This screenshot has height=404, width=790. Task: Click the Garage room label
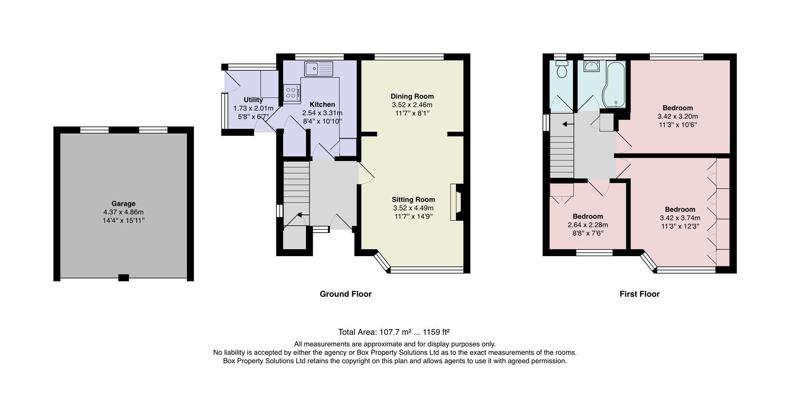123,203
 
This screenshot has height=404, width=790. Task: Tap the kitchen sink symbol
319,68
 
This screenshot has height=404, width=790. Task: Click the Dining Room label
412,96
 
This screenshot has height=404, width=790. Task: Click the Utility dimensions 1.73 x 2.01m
253,108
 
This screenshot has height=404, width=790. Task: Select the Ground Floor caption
346,294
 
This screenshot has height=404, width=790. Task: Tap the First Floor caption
639,294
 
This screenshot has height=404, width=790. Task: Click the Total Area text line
394,332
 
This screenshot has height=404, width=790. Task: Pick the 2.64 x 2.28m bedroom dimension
588,225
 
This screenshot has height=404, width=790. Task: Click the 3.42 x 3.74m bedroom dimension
680,218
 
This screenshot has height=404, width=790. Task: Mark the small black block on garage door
123,278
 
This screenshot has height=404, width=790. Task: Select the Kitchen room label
322,105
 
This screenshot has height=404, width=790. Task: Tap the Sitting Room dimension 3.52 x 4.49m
413,208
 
